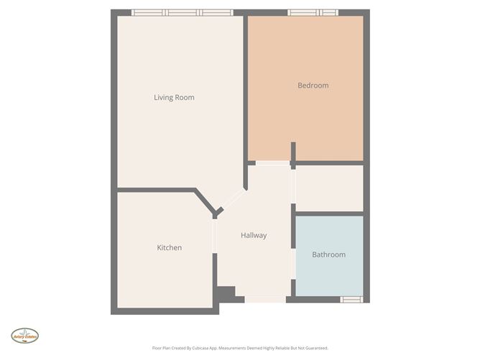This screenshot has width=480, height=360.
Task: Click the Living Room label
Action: point(174,98)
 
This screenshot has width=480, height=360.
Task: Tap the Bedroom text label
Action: point(313,86)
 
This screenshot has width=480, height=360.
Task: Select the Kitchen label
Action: point(169,248)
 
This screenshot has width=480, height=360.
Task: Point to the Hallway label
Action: point(253,236)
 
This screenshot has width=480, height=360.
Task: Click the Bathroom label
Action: point(328,254)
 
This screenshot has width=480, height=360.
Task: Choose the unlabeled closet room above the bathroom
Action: point(329,188)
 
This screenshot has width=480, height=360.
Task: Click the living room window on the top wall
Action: point(183,12)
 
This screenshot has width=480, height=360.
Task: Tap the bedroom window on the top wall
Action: point(313,12)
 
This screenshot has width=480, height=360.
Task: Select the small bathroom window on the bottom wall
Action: point(351,299)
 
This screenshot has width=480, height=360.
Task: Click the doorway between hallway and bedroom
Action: point(272,164)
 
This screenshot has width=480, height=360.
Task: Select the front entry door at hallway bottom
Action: point(264,299)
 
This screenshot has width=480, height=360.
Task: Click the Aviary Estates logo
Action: point(24,335)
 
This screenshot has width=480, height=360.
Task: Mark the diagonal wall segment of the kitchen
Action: point(205,201)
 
